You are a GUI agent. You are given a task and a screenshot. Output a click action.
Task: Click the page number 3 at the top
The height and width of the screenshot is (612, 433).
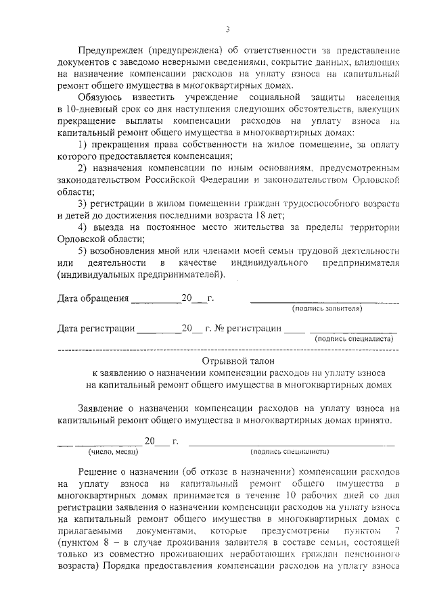point(228,29)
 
